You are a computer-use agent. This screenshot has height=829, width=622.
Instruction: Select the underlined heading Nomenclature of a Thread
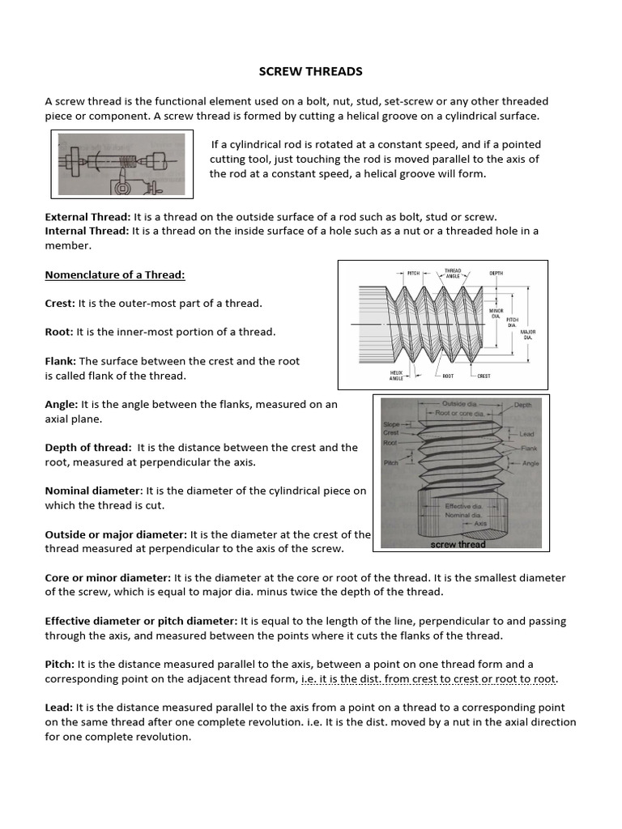pyautogui.click(x=115, y=274)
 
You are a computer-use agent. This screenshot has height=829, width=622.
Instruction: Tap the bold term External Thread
pyautogui.click(x=87, y=217)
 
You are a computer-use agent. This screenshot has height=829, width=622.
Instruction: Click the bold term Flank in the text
pyautogui.click(x=60, y=361)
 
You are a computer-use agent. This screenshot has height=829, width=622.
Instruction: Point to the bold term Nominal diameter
pyautogui.click(x=93, y=491)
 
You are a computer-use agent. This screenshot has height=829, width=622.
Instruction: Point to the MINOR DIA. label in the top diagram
pyautogui.click(x=496, y=312)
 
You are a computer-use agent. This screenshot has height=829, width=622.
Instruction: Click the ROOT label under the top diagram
pyautogui.click(x=448, y=376)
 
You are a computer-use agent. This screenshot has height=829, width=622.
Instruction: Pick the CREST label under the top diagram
pyautogui.click(x=484, y=376)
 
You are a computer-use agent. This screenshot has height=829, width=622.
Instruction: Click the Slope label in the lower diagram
pyautogui.click(x=391, y=424)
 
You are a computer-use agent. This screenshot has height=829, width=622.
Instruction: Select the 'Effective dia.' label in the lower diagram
pyautogui.click(x=463, y=505)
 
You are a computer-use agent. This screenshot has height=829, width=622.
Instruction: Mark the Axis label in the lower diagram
pyautogui.click(x=481, y=523)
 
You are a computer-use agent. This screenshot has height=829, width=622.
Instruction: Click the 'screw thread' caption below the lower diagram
pyautogui.click(x=458, y=545)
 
